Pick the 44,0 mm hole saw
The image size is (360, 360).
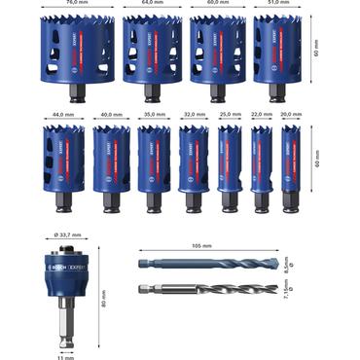point(59,161)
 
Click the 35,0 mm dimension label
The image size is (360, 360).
point(153,115)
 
